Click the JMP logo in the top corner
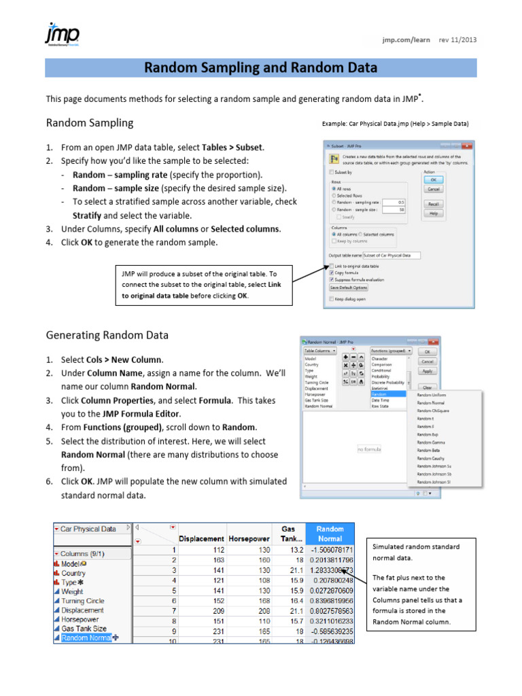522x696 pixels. (62, 35)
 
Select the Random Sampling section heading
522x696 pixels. (90, 123)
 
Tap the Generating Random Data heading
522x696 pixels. (107, 335)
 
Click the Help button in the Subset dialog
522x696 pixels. (433, 213)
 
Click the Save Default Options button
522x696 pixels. (349, 288)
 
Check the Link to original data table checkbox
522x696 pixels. (332, 266)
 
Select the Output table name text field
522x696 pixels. (391, 255)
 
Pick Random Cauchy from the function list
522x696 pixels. (431, 458)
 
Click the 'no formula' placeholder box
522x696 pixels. (369, 449)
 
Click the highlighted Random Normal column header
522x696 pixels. (330, 534)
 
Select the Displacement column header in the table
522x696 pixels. (201, 538)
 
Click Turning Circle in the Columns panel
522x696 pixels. (82, 601)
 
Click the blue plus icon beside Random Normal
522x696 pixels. (115, 638)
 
